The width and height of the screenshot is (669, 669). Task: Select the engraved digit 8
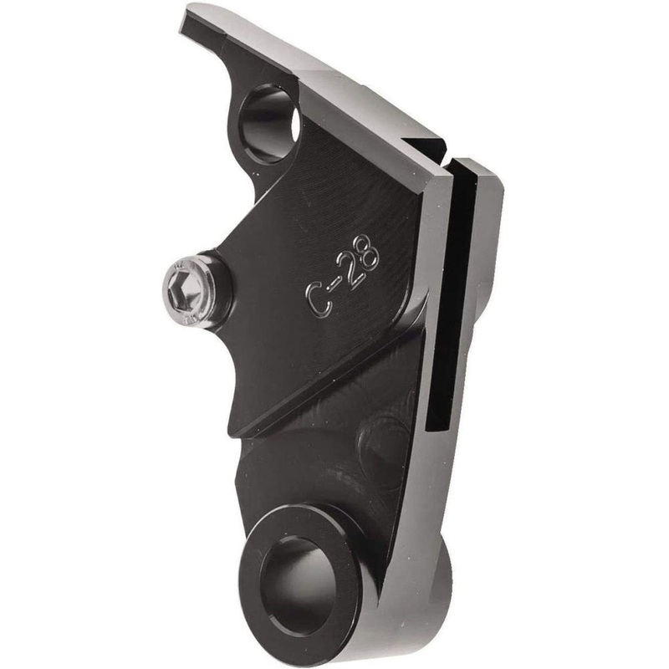[x=366, y=253]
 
